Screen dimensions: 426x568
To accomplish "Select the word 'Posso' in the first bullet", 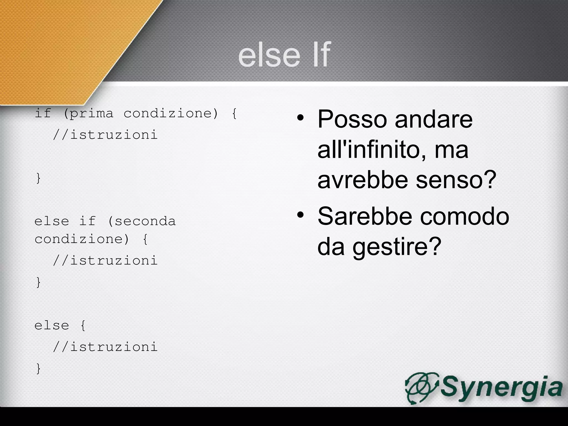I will pyautogui.click(x=352, y=119).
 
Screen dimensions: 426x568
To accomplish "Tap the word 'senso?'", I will pyautogui.click(x=456, y=180).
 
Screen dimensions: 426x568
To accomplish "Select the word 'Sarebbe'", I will pyautogui.click(x=365, y=216).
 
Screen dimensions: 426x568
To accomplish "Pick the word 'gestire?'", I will pyautogui.click(x=397, y=247).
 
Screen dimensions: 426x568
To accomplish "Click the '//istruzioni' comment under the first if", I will pyautogui.click(x=105, y=135).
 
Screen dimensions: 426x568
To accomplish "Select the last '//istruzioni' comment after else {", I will pyautogui.click(x=105, y=347).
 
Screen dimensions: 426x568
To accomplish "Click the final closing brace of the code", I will pyautogui.click(x=39, y=369).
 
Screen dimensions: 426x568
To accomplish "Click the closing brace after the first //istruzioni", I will pyautogui.click(x=39, y=178).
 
